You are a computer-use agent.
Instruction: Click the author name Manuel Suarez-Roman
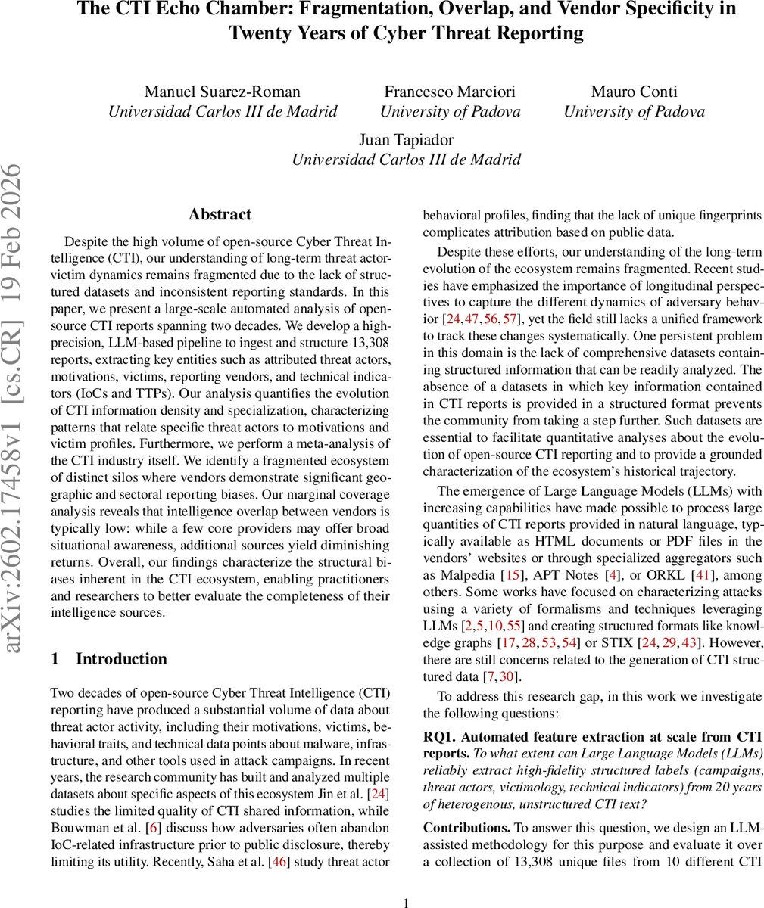tap(222, 92)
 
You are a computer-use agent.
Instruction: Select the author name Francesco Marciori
tap(450, 92)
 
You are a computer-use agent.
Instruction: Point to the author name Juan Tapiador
tap(406, 139)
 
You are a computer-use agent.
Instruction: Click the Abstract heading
tap(220, 214)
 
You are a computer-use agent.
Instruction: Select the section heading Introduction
tap(121, 658)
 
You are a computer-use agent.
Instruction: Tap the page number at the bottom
tap(406, 901)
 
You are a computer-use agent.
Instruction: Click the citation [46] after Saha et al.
tap(280, 861)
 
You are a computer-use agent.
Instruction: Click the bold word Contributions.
tap(466, 828)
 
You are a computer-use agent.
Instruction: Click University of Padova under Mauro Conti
tap(633, 112)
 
